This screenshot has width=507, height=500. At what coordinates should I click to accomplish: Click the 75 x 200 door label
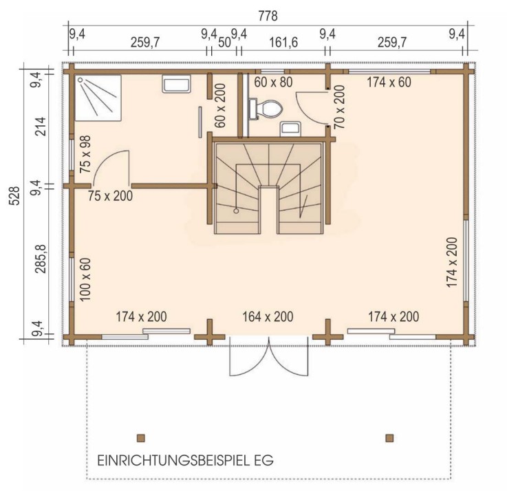[x=111, y=195]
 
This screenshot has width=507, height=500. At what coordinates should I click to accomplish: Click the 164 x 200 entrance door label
[x=268, y=317]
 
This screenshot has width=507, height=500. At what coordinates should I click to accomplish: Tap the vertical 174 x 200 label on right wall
[x=452, y=261]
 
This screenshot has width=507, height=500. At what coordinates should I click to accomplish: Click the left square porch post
[x=141, y=437]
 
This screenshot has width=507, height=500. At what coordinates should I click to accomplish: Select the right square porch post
[x=389, y=437]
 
